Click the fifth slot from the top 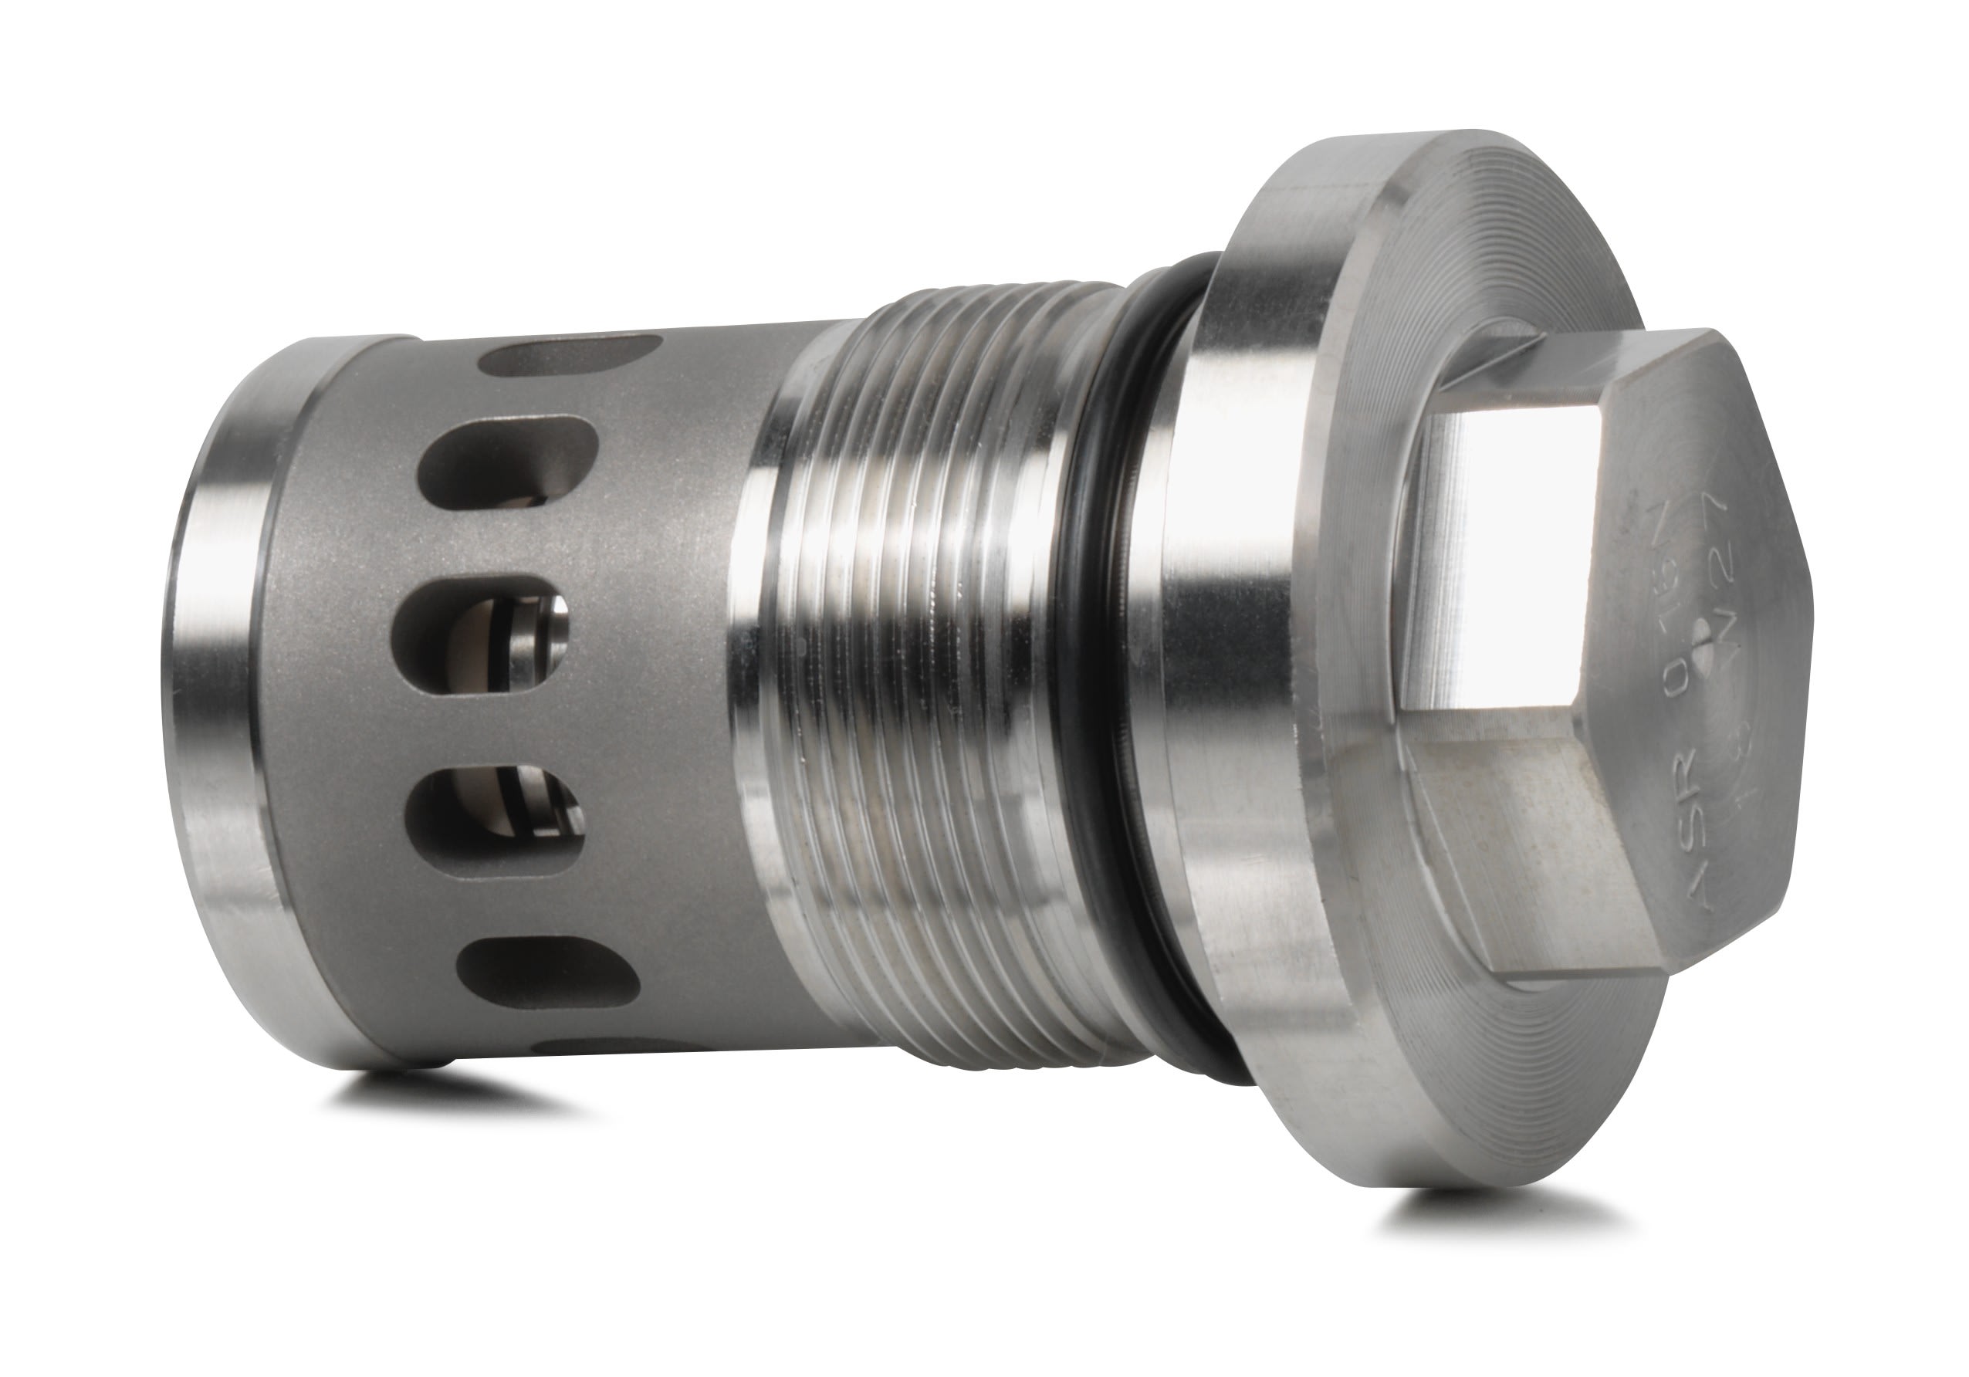tap(549, 973)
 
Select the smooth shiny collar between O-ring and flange tap(1200, 668)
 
